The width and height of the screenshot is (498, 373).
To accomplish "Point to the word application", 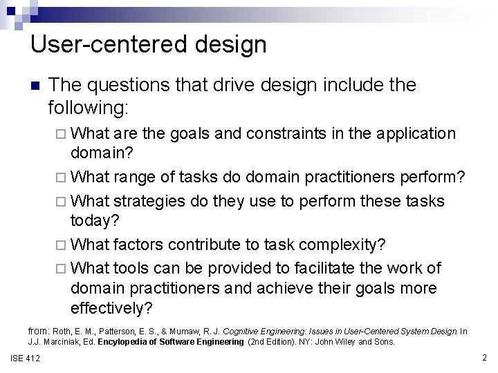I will [405, 133].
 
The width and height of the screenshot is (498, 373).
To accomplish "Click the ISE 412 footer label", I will [26, 358].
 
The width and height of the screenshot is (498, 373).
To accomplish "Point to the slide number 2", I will [484, 358].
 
